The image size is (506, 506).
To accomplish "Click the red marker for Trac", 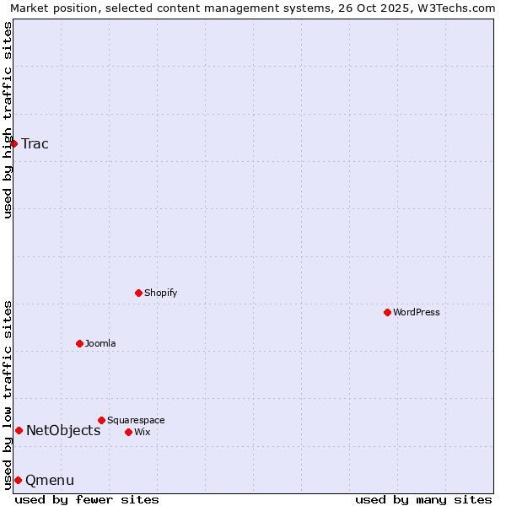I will [14, 143].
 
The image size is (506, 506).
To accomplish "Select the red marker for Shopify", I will [139, 293].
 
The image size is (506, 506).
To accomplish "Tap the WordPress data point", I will [388, 312].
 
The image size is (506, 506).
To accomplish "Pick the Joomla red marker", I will [80, 343].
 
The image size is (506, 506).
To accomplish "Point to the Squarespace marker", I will [102, 420].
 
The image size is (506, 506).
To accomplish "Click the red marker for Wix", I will [129, 432].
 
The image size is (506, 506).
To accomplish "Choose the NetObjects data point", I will [19, 430].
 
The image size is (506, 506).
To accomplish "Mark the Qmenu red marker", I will [18, 480].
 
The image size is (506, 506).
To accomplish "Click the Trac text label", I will [35, 143].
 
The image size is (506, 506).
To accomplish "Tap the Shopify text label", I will [160, 293].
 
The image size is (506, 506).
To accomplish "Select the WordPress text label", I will [417, 312].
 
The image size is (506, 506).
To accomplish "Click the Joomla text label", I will [100, 343].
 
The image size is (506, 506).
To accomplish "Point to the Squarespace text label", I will [136, 420].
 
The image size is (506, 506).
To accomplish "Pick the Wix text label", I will [143, 432].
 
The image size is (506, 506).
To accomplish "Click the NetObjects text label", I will [63, 431].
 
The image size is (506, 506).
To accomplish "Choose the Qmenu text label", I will [50, 481].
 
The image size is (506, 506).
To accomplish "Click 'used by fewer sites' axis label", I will [87, 499].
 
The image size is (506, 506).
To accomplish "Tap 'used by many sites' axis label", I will [423, 499].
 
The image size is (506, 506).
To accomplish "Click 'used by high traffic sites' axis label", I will [8, 120].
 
